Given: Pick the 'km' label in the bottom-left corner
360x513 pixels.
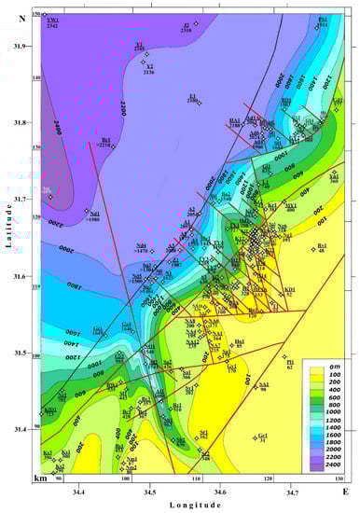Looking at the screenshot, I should point(40,478).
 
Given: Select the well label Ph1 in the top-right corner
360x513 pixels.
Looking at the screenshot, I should point(323,20).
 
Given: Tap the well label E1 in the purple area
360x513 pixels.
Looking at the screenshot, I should point(192,97).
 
